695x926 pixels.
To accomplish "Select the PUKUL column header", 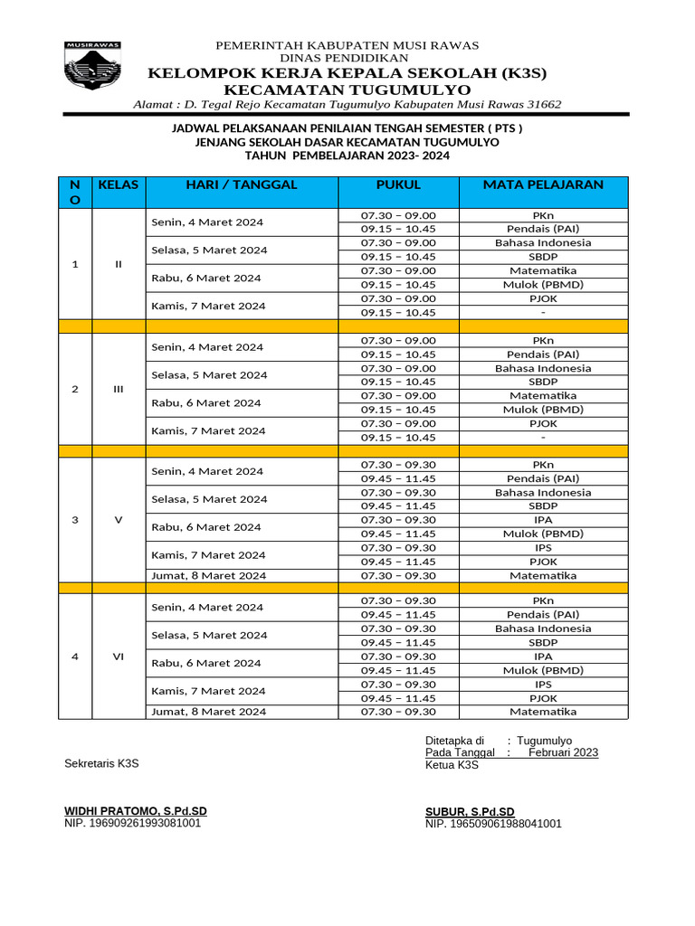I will click(398, 184).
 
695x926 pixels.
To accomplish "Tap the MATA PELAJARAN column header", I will click(543, 184).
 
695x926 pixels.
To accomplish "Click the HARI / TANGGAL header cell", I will click(241, 184).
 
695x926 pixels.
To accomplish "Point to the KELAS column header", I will click(119, 184).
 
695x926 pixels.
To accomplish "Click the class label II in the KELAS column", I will click(119, 264).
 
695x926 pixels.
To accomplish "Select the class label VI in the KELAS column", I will click(119, 657).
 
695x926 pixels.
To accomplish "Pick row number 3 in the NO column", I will click(75, 520).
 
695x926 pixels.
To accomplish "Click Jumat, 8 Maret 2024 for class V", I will click(208, 576).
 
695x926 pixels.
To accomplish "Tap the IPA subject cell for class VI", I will click(543, 657).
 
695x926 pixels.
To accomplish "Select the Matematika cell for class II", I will click(543, 270).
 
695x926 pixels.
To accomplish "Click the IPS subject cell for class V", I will click(543, 548).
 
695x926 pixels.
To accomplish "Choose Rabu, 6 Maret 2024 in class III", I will click(207, 403).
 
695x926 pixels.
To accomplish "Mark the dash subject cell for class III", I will click(543, 438).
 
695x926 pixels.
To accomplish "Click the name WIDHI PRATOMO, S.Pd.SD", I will click(136, 811).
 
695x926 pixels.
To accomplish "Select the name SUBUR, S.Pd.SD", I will click(470, 812).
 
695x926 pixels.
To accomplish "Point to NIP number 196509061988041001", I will click(493, 824).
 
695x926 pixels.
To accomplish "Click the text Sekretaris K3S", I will click(101, 764).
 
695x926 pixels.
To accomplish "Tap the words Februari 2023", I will click(563, 752).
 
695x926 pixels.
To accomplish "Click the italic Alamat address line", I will click(347, 104).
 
